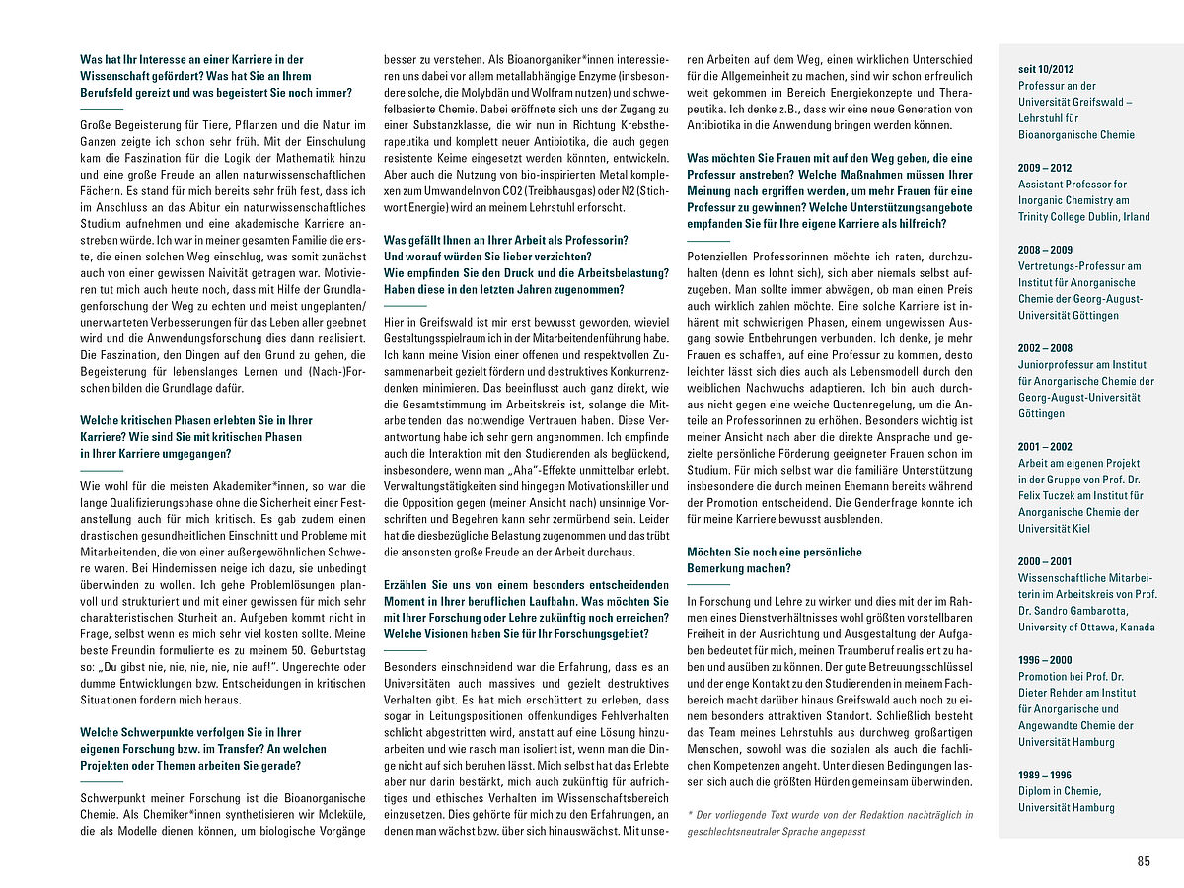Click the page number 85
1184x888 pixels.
click(x=1144, y=861)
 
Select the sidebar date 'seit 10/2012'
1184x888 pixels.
click(x=1048, y=69)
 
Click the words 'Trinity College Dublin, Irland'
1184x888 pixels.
click(x=1083, y=217)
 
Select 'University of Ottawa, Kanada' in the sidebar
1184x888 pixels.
click(x=1084, y=628)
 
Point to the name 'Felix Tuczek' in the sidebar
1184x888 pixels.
click(x=1053, y=496)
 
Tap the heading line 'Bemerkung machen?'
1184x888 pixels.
click(x=738, y=568)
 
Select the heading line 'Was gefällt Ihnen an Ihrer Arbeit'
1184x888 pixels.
click(x=505, y=240)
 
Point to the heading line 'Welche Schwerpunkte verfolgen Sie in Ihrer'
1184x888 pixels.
click(x=190, y=733)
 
